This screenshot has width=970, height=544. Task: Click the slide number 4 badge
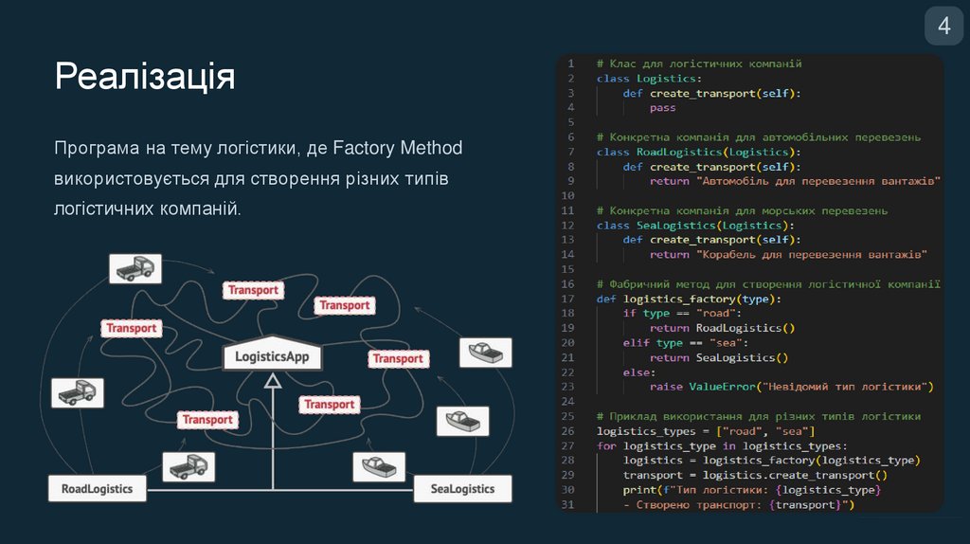pos(943,26)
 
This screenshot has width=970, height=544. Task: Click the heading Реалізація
pos(145,76)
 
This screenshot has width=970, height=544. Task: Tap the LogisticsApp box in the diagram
pos(272,358)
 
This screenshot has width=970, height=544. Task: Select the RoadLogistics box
pos(97,489)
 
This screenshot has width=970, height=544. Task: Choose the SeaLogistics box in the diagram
pos(462,489)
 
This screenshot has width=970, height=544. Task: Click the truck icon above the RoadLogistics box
pos(188,465)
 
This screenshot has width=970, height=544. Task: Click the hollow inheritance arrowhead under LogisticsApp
pos(273,381)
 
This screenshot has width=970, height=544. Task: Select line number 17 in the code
pos(568,299)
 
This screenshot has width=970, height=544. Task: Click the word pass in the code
pos(662,108)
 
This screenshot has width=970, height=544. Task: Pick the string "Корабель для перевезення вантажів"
pos(812,255)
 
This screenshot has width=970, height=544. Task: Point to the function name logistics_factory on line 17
pos(677,299)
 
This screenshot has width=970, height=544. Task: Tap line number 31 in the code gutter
pos(568,504)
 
